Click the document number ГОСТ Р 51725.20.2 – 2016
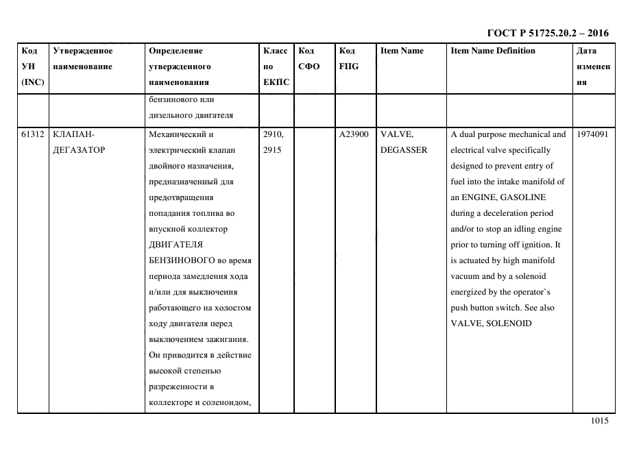547,33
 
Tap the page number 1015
599,421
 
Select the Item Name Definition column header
492,51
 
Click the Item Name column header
402,51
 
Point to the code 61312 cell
32,134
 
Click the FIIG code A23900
354,134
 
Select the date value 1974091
593,134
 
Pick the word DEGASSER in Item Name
404,150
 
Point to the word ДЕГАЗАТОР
79,150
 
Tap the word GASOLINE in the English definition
524,197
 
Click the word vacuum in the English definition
465,276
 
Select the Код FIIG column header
349,58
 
